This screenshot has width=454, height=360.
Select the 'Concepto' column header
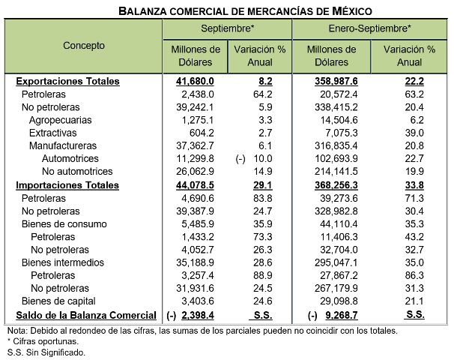pos(84,45)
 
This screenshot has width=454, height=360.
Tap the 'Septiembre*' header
pos(228,28)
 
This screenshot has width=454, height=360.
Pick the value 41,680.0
pos(196,81)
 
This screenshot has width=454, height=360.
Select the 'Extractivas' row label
pos(53,133)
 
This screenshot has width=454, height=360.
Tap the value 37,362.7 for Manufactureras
pos(196,146)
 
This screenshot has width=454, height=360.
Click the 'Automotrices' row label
pos(70,159)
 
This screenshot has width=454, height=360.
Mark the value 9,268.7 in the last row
pos(341,316)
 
